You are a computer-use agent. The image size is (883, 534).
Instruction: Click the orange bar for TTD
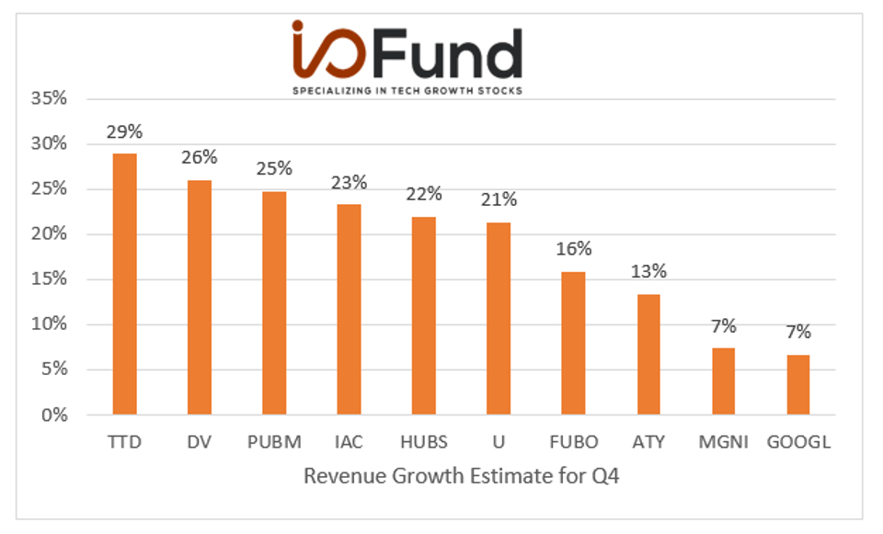(x=124, y=284)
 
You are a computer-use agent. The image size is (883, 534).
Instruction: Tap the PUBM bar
(x=274, y=302)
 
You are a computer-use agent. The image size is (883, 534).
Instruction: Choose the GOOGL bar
(x=797, y=384)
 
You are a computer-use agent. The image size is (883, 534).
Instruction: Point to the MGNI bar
(x=723, y=381)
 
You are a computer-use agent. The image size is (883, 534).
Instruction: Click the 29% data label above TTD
(x=124, y=132)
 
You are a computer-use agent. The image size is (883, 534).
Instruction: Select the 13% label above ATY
(x=648, y=272)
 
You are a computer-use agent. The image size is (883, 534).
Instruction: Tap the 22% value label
(x=424, y=194)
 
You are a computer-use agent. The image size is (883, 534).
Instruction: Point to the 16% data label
(x=573, y=249)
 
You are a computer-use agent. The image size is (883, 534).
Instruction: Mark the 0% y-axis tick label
(x=53, y=415)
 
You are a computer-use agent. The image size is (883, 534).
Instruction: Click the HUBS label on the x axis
(x=424, y=442)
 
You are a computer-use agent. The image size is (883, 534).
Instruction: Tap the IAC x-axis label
(x=349, y=442)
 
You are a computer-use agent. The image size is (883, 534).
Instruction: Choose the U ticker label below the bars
(x=499, y=442)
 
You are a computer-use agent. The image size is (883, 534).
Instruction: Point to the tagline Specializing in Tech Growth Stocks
(x=407, y=91)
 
